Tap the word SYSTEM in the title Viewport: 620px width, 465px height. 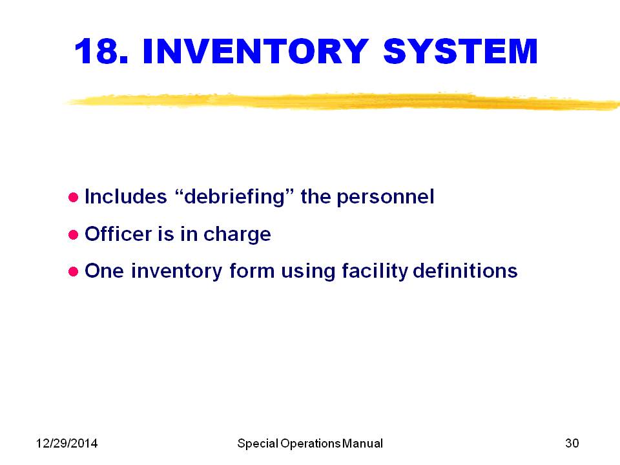[460, 51]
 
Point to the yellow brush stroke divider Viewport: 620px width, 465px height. [342, 101]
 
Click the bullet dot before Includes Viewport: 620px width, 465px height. [73, 198]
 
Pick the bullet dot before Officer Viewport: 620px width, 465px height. [73, 235]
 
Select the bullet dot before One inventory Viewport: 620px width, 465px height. [73, 272]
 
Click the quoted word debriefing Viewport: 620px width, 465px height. [234, 197]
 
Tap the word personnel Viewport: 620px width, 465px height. [386, 197]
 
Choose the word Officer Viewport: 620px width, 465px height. [118, 234]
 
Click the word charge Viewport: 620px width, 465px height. [237, 235]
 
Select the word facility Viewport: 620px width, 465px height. [375, 271]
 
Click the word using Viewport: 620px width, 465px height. [308, 273]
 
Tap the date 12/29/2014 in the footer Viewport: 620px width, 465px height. [67, 443]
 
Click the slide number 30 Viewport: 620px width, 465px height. [572, 443]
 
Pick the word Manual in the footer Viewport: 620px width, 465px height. [362, 443]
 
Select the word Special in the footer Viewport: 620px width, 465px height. [258, 444]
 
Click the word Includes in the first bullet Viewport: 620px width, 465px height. [126, 197]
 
